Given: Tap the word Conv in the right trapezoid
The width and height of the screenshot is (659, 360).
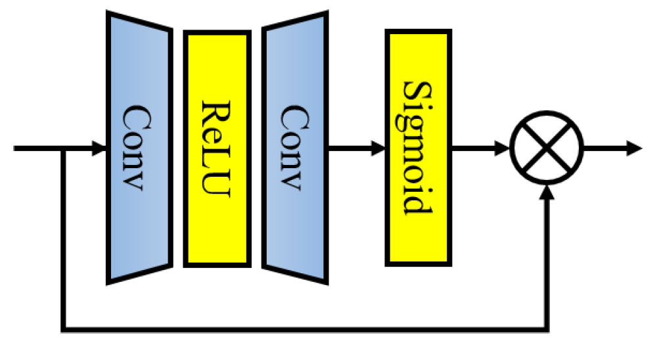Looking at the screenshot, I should coord(294,148).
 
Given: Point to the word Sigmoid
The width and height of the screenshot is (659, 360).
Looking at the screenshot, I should coord(417,148).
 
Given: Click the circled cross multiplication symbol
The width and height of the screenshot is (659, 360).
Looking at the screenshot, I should coord(547,148).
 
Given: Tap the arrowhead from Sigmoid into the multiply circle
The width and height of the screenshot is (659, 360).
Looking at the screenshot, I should coord(504,148).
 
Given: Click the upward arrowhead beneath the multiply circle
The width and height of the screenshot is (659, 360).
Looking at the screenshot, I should coord(547,191).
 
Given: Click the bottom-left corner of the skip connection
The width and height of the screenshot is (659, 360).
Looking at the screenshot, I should coord(63,328).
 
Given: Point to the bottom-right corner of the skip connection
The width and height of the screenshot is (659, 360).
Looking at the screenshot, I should coord(547,328).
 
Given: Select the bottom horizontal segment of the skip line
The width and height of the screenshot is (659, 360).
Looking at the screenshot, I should coord(302,328).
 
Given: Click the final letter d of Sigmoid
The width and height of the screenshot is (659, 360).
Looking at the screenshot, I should coord(419,204).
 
